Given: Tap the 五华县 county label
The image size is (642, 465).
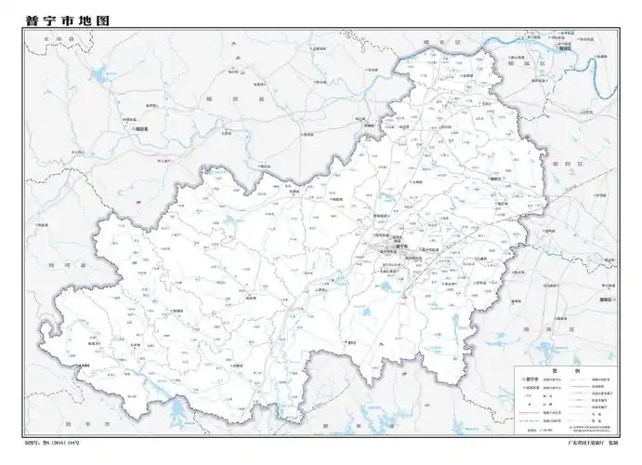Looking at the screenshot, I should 42,38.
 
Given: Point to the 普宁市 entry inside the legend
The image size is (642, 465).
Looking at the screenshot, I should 532,380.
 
